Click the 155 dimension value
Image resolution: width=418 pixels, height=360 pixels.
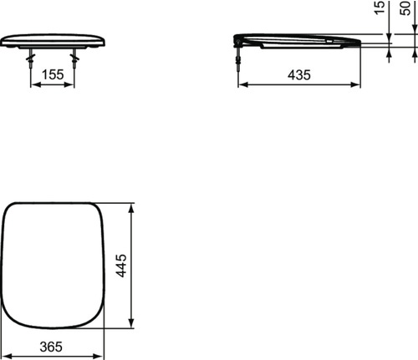53,74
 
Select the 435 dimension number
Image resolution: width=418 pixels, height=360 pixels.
298,74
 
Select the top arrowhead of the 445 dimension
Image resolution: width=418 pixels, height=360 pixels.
131,206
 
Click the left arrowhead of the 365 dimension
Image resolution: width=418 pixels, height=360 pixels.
6,355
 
